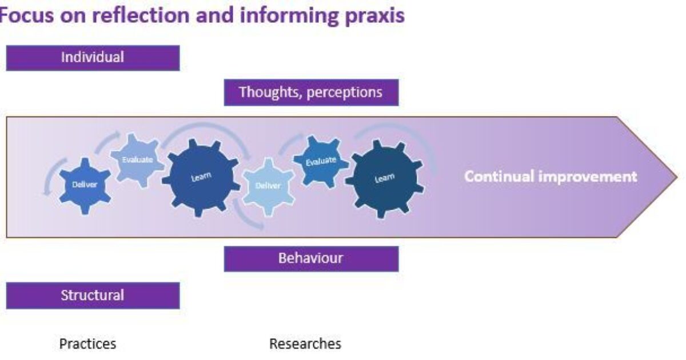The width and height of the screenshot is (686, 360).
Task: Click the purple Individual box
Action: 93,58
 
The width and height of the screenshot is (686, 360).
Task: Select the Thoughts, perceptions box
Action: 311,93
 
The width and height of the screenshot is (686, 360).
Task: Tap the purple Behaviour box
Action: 311,258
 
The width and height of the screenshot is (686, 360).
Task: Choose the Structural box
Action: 93,295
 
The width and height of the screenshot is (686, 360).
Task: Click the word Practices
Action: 87,344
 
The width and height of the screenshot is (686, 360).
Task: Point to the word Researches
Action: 305,344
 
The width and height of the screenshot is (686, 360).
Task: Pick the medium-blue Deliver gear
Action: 85,185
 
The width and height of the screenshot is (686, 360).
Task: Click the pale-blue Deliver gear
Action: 268,186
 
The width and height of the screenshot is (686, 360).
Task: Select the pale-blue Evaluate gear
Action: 137,160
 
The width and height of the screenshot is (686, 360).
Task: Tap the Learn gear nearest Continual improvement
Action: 385,178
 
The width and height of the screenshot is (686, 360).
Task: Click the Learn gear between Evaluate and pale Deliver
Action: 201,177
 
